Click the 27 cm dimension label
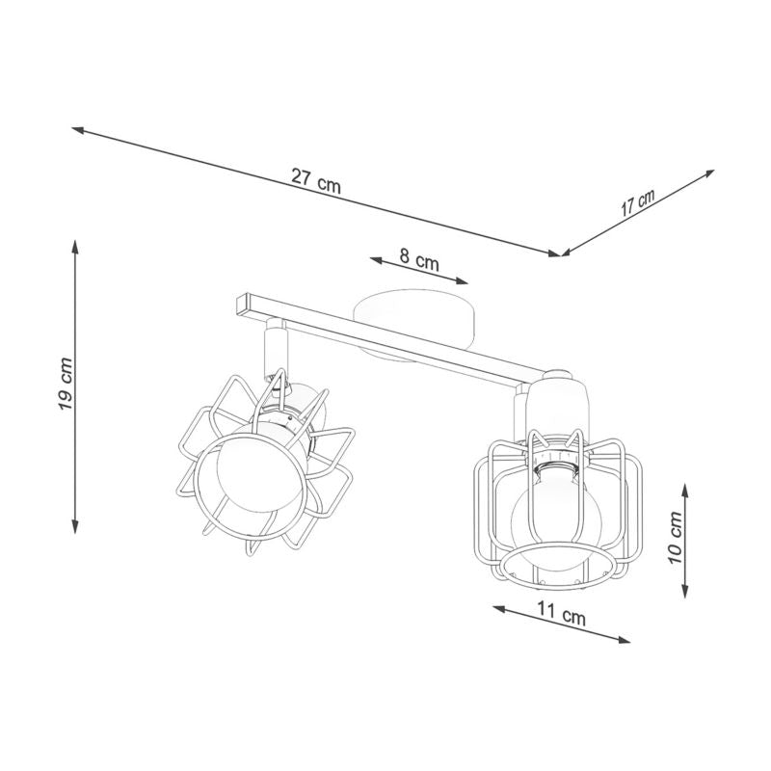[x=316, y=180]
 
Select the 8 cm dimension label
[x=418, y=258]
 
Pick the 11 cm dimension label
[x=562, y=613]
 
